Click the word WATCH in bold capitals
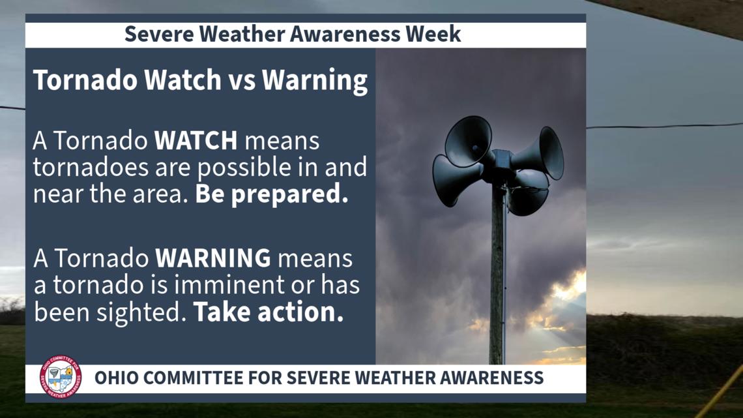tap(196, 142)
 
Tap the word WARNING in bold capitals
tap(212, 259)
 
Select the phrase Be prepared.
tap(271, 194)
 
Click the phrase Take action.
tap(268, 312)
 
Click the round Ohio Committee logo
tap(61, 377)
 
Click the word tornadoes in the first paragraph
tap(80, 168)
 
